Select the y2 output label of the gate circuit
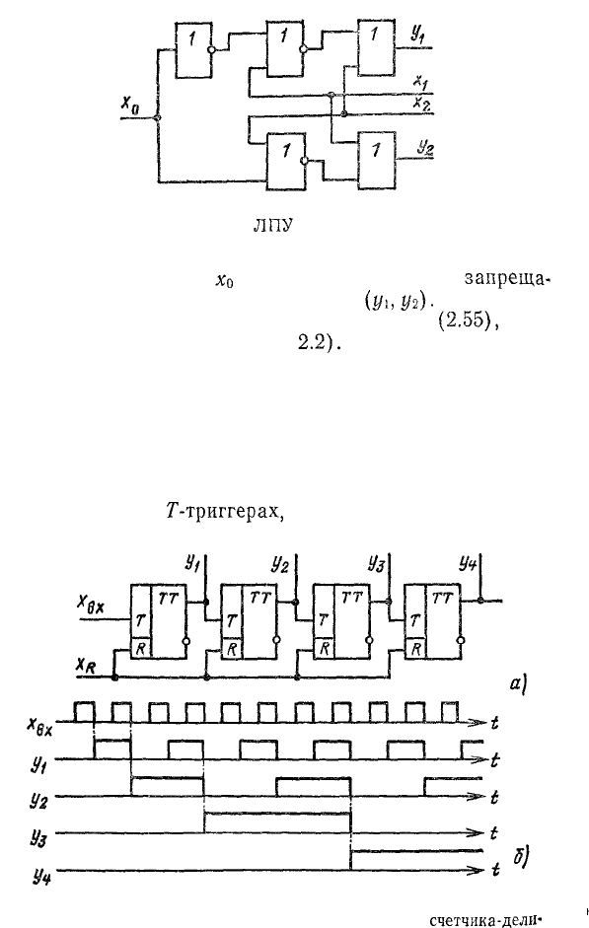point(424,148)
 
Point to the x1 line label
point(419,82)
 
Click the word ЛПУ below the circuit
point(272,228)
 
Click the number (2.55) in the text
point(466,323)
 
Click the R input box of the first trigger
point(141,648)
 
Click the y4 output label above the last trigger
point(470,563)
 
